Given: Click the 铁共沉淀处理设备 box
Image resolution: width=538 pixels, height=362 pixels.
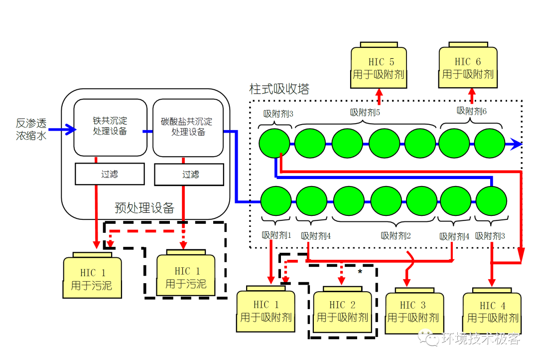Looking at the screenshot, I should pos(110,127).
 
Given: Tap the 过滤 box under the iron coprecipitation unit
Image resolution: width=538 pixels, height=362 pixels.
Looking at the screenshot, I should pos(110,174).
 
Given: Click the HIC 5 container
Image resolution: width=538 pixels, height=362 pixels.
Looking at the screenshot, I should pos(379,68).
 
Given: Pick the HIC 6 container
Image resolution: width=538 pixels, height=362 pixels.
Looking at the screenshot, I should pos(468,67).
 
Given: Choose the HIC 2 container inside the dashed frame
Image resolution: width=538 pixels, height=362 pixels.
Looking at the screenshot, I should pos(342,311).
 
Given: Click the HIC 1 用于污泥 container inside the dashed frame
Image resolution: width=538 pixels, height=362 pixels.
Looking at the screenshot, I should pos(186,277).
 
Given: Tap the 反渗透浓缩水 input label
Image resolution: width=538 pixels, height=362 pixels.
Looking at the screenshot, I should pos(31,129).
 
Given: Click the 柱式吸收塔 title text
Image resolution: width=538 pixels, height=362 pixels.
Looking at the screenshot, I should pos(279,89).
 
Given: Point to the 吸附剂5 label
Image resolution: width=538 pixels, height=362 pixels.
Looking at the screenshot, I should pos(365,112).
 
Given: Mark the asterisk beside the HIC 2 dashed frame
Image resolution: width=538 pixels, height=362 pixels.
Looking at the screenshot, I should pos(360,272).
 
